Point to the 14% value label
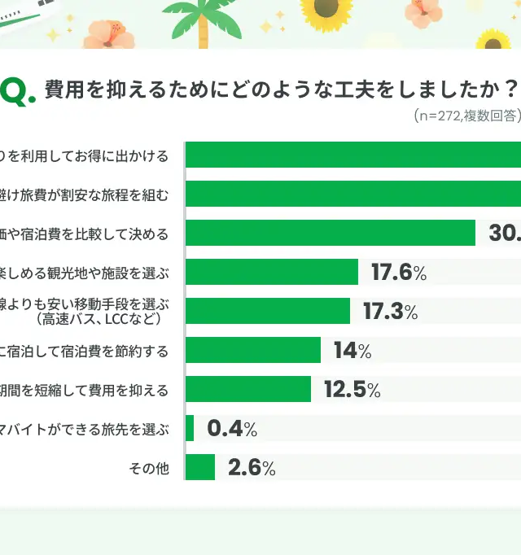[352, 351]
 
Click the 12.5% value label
[352, 390]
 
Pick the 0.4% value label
[232, 429]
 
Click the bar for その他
[200, 467]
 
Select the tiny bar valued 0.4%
[190, 428]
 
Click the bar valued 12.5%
[248, 389]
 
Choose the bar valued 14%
[253, 350]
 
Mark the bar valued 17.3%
[268, 311]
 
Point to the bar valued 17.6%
[272, 272]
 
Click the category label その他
[149, 468]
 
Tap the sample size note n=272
[438, 116]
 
